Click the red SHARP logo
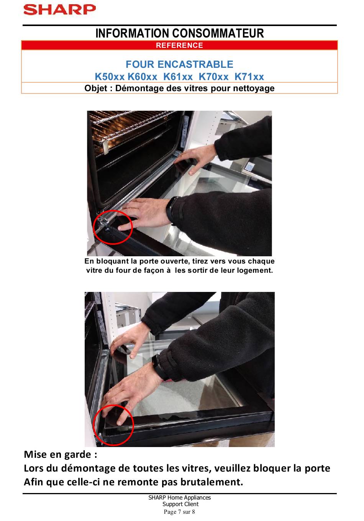[59, 10]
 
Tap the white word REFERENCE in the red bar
[179, 45]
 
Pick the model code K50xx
[110, 77]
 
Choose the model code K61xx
[178, 77]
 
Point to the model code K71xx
[249, 77]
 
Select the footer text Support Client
[180, 504]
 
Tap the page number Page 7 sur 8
[179, 512]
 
